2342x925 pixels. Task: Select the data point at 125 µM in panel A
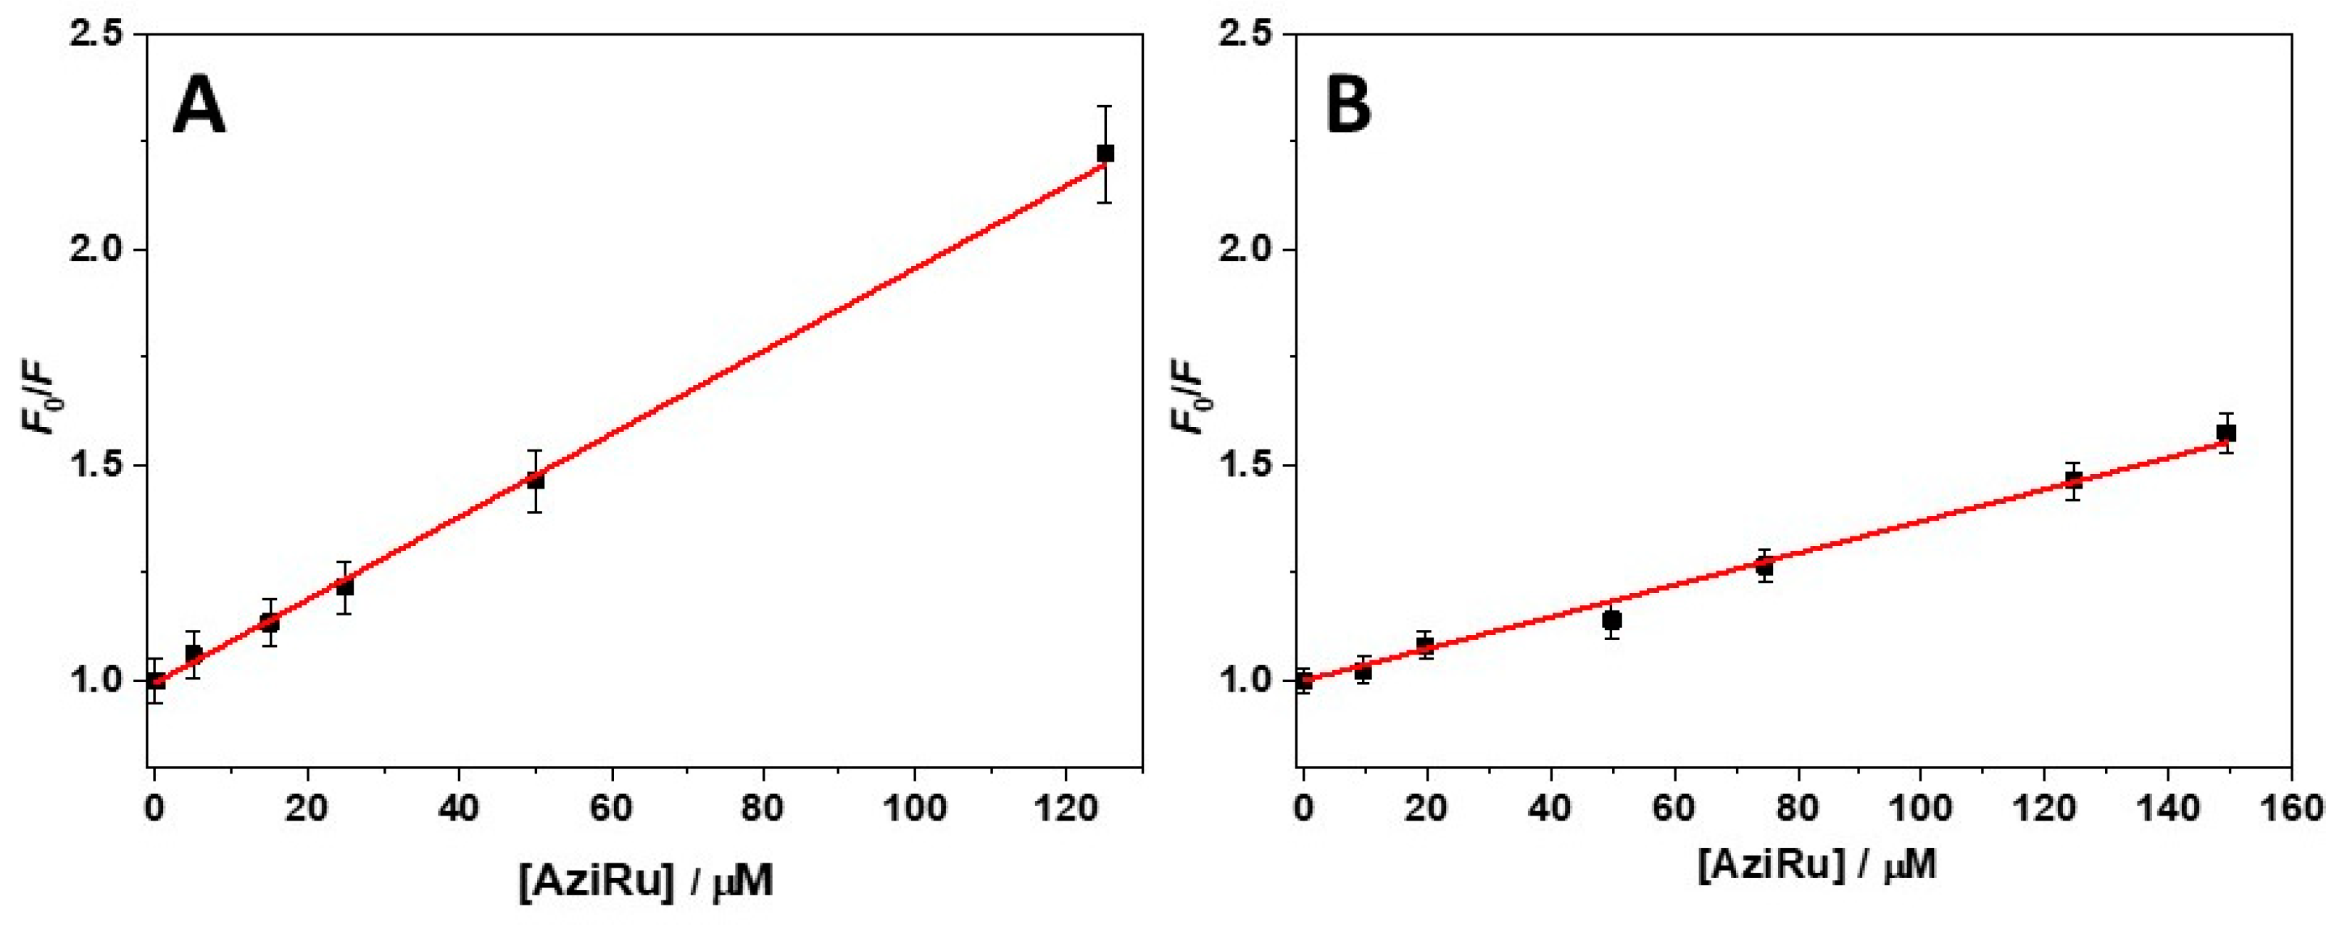[1105, 154]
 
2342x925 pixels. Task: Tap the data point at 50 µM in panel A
[536, 480]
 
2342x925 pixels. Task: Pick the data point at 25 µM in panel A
[344, 586]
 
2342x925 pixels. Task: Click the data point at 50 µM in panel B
[1612, 621]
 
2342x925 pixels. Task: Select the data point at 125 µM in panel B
[2073, 480]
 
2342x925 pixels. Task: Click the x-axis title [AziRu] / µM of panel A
[647, 882]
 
